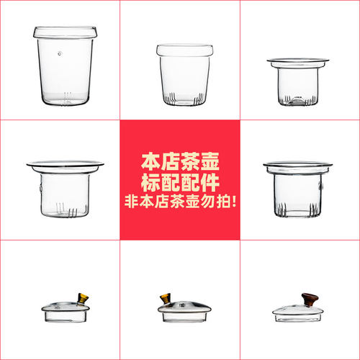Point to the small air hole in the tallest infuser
(x=59, y=53)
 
